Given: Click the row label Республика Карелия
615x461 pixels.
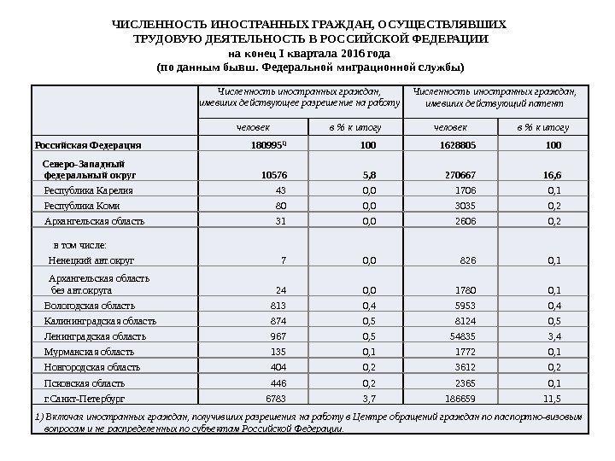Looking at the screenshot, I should tap(83, 190).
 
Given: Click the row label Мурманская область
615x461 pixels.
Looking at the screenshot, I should tap(89, 352).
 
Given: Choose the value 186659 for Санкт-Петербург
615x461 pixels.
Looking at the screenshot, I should tap(461, 399).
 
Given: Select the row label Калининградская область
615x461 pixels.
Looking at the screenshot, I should tap(99, 321).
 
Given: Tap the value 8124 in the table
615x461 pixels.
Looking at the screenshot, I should tap(466, 321).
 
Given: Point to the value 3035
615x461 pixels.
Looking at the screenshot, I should tap(466, 206).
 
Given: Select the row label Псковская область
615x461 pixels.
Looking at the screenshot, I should tap(84, 383).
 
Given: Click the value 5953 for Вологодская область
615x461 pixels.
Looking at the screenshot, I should tap(466, 306).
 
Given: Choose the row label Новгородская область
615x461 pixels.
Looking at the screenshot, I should tap(91, 368).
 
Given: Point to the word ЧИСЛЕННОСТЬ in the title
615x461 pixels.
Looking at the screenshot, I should tap(163, 25).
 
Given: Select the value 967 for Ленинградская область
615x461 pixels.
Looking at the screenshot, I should tap(278, 336).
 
